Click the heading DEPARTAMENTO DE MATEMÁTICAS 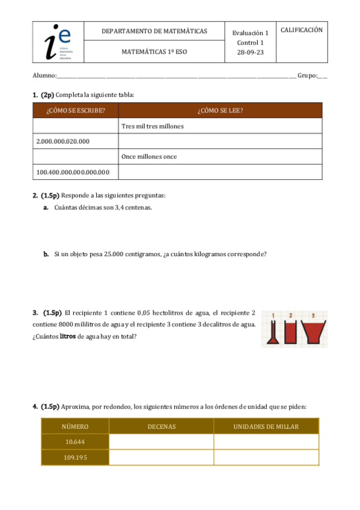click(x=154, y=31)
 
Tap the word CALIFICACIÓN click(x=302, y=29)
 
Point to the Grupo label click(x=307, y=76)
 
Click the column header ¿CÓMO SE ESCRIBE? click(x=76, y=110)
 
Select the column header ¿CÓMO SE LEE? click(x=220, y=110)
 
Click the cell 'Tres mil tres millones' click(x=152, y=126)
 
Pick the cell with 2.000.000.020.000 click(x=63, y=141)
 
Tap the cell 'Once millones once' click(x=149, y=157)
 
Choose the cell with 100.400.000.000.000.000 click(x=73, y=173)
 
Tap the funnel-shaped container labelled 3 click(x=313, y=332)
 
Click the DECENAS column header click(x=161, y=426)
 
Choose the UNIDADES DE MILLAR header click(x=266, y=426)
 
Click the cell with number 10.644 click(x=75, y=442)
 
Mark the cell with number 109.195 click(x=75, y=458)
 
